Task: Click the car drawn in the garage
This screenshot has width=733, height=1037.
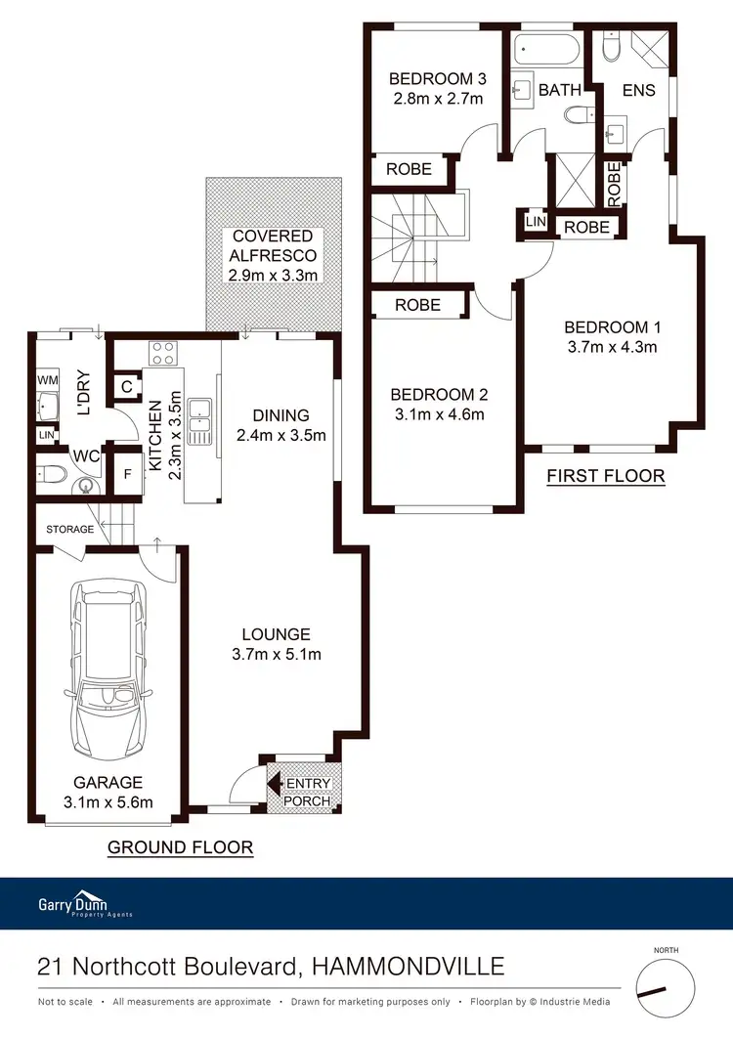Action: (x=108, y=672)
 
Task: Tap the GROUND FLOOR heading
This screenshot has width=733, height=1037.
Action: (x=180, y=847)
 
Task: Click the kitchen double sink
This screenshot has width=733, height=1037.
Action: (x=203, y=421)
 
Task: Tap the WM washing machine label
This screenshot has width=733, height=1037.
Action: (x=47, y=379)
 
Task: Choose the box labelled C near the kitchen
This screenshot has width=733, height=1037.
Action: (x=127, y=387)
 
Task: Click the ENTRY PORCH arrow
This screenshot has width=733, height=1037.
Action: (x=277, y=784)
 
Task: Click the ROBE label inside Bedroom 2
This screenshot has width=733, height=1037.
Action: (x=417, y=305)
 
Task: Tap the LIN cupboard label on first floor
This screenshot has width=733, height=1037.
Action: (x=535, y=223)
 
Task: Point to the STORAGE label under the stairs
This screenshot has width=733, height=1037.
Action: (x=69, y=530)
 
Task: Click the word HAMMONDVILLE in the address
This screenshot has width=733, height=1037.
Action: (x=408, y=968)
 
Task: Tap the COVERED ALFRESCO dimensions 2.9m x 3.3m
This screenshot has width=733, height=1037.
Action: (x=273, y=275)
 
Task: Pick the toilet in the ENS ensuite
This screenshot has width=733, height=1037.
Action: (x=614, y=46)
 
